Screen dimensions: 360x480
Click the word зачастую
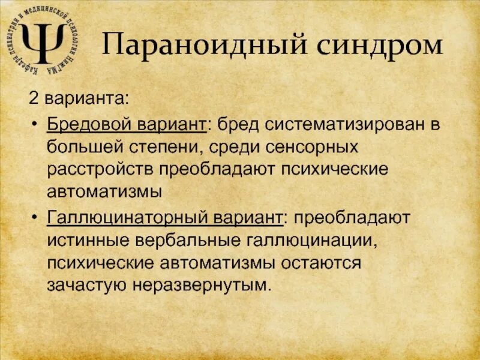81,285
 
